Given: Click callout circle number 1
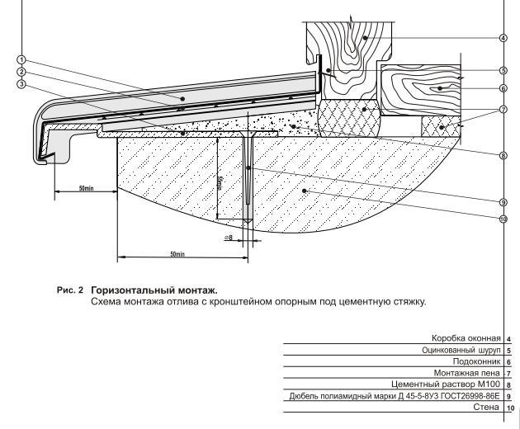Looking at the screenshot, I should [21, 60].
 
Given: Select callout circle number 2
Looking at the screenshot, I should [21, 72].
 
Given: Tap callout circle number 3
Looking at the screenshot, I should [21, 83].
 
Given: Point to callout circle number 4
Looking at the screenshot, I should [503, 37].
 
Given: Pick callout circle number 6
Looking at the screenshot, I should [503, 87].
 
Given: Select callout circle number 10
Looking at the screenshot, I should [503, 219].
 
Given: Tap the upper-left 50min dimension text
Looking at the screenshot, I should [86, 189].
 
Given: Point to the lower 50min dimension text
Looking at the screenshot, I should [177, 253].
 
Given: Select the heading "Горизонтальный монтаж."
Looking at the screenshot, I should [154, 290].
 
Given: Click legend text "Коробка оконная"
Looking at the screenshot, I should [466, 338].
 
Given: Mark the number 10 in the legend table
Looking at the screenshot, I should [511, 408].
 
